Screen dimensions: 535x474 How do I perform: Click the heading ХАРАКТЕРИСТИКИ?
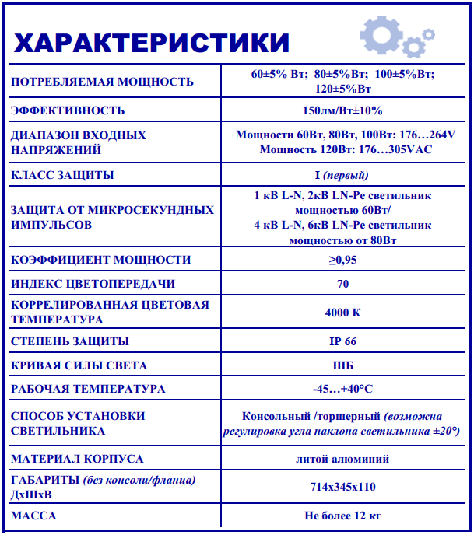point(152,42)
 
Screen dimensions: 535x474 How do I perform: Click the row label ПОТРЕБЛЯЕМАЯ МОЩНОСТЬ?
point(102,82)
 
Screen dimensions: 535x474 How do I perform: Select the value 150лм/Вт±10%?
point(342,110)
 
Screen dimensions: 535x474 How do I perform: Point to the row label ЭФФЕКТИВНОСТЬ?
point(68,110)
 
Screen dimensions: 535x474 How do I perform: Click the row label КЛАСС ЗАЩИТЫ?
point(62,175)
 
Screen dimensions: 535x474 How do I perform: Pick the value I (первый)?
point(342,175)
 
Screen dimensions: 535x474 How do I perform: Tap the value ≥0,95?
point(342,260)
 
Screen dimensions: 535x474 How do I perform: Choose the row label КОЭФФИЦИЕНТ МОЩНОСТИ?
point(100,260)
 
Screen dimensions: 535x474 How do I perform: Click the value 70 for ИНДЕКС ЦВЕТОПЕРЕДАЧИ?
point(342,284)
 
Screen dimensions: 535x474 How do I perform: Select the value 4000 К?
point(342,313)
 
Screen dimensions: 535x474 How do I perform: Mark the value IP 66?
point(342,341)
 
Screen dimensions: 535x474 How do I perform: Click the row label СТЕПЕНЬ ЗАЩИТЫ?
point(70,341)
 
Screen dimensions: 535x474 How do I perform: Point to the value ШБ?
point(342,365)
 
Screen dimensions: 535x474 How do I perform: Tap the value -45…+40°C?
point(342,389)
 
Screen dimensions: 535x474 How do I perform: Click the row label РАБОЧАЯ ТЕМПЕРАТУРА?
point(88,389)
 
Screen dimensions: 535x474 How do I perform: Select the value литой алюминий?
point(342,459)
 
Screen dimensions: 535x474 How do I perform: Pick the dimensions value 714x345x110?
point(342,487)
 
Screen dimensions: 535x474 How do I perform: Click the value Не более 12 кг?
point(342,516)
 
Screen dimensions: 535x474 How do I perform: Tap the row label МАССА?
point(33,516)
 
